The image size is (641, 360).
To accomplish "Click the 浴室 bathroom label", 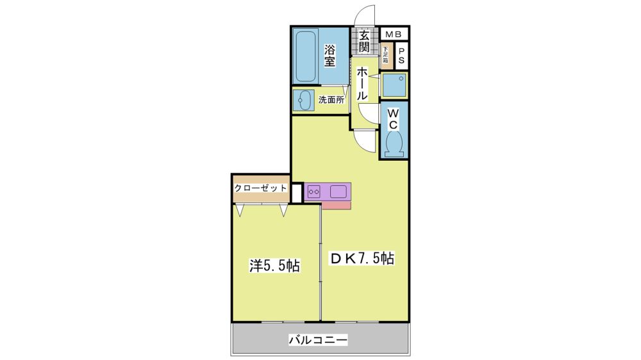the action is tap(330, 56).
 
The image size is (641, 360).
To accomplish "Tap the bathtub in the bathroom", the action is tap(305, 56).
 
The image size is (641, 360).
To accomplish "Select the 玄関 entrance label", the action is tap(364, 41).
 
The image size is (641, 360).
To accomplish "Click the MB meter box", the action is tap(394, 35).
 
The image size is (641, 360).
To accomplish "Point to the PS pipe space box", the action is tap(401, 56).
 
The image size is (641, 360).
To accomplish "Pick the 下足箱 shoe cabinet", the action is tap(385, 56).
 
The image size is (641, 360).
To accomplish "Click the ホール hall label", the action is tap(362, 84).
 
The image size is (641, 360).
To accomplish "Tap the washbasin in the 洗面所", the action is tap(304, 100).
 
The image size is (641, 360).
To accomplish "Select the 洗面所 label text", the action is tap(331, 100).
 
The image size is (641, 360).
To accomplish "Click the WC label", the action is tap(394, 118).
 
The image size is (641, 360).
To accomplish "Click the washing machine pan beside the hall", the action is tap(394, 85).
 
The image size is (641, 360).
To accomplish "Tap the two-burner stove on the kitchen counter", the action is tap(313, 192).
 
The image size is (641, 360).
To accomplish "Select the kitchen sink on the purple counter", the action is tap(338, 192).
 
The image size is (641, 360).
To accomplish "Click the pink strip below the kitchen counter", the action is tap(336, 205).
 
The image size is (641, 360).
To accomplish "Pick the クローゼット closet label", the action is tap(260, 188).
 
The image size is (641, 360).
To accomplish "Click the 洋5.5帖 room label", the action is tap(275, 266).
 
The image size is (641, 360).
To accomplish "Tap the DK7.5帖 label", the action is tap(362, 259).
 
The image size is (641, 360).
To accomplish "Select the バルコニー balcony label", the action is tap(318, 340).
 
